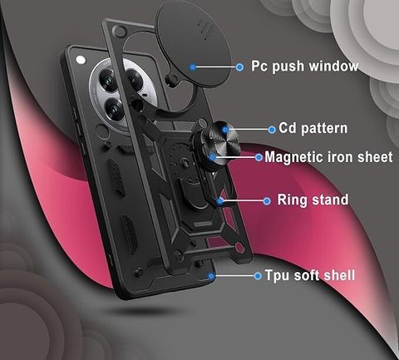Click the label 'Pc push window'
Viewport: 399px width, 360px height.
coord(304,67)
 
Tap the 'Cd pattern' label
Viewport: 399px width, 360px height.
coord(313,128)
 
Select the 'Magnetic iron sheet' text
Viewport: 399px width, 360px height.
coord(328,157)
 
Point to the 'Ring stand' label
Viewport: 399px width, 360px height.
coord(313,200)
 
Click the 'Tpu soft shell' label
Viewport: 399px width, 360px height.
coord(310,275)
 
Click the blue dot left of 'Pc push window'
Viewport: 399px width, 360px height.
coord(239,67)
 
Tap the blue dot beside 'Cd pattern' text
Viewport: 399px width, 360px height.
coord(272,130)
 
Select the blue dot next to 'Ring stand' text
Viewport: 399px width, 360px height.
coord(267,201)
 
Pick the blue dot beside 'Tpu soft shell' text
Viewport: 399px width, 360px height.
coord(258,276)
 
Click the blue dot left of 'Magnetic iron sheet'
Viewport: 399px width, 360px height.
coord(259,157)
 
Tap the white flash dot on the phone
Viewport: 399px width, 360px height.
coord(81,60)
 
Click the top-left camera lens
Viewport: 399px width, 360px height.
coord(107,80)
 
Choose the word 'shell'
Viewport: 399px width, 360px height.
coord(340,275)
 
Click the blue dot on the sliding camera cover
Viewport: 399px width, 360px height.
coord(193,67)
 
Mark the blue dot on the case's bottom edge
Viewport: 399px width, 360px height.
coord(211,276)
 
